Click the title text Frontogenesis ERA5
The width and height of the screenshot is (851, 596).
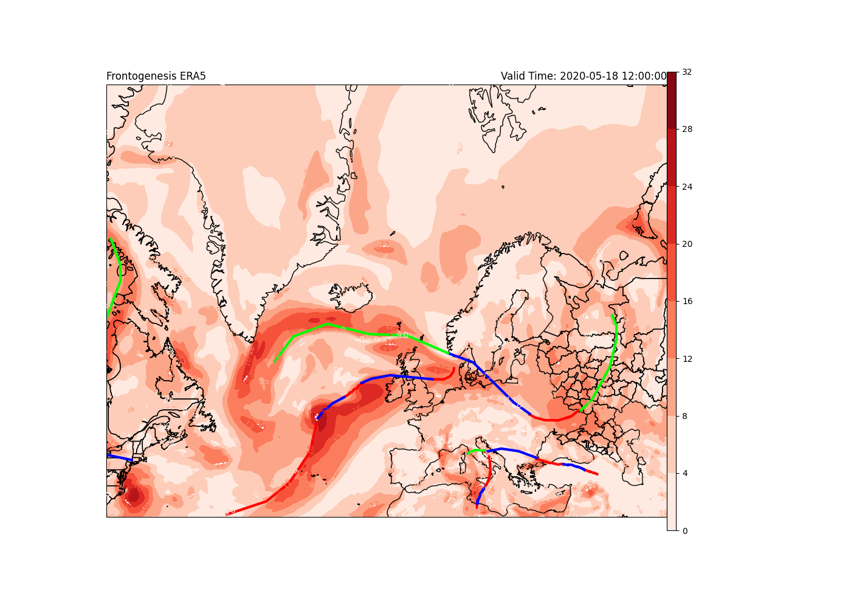coord(156,76)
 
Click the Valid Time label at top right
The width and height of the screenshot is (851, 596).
coord(584,76)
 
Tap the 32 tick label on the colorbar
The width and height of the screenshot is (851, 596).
coord(687,72)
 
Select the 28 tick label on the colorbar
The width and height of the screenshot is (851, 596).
coord(687,129)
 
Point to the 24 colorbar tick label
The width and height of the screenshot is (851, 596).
coord(687,187)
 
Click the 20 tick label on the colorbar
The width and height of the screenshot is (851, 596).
coord(687,244)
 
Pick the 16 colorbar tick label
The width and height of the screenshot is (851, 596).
coord(687,301)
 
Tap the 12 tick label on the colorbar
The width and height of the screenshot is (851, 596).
coord(687,359)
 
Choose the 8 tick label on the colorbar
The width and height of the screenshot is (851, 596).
coord(685,416)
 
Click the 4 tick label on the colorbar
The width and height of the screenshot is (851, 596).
coord(685,473)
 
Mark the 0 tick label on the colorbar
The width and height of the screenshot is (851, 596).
coord(685,531)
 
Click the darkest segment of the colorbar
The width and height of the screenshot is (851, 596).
coord(671,100)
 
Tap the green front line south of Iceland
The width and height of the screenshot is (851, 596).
coord(328,325)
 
